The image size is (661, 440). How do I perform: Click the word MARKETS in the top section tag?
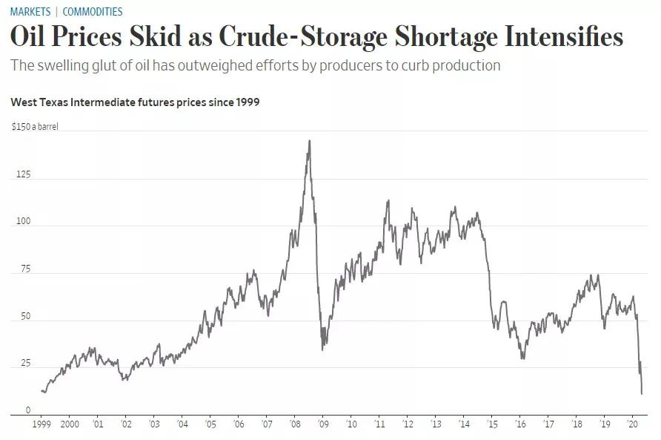point(30,12)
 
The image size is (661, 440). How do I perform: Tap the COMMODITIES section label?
point(93,12)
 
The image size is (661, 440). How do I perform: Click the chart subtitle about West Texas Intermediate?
point(135,102)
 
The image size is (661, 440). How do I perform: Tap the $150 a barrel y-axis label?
point(35,127)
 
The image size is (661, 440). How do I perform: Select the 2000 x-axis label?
point(70,424)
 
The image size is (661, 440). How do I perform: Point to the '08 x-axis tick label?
point(294,424)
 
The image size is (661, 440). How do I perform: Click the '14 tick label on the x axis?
point(464,424)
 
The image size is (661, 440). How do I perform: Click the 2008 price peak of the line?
point(309,140)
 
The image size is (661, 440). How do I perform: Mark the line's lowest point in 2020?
point(642,394)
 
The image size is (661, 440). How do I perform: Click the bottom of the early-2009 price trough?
point(322,349)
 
